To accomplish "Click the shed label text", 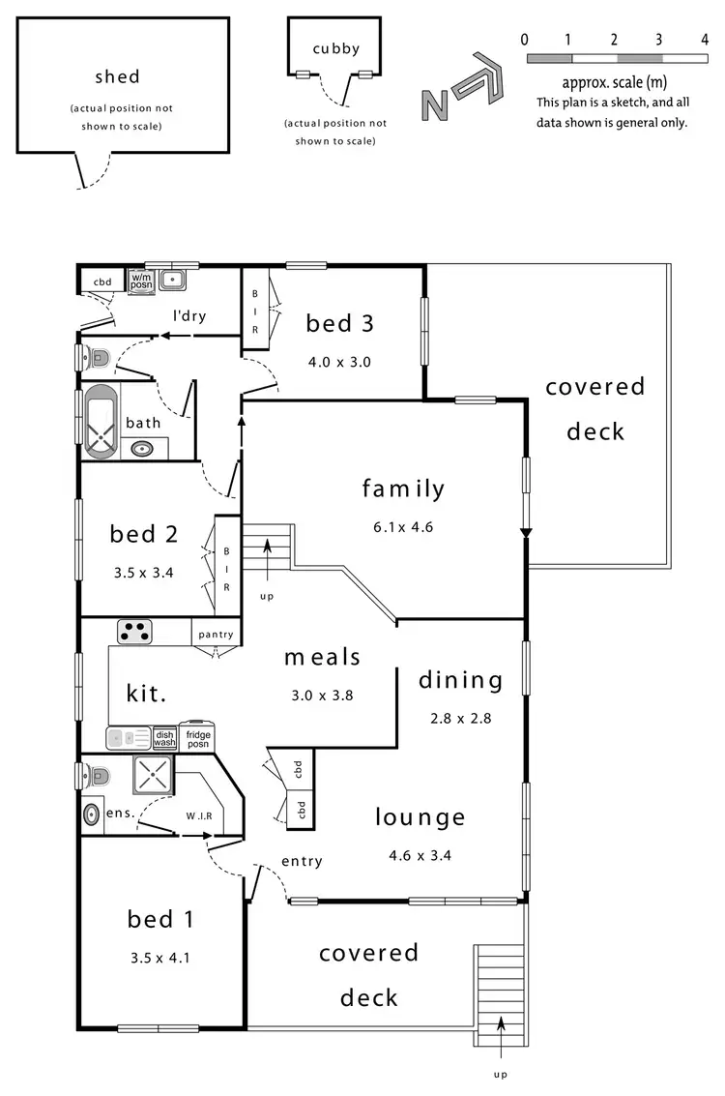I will pyautogui.click(x=117, y=76).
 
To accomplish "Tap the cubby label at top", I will pyautogui.click(x=335, y=49).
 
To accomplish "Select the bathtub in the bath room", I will pyautogui.click(x=100, y=423).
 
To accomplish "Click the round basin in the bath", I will pyautogui.click(x=142, y=449).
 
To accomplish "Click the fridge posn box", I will pyautogui.click(x=198, y=740).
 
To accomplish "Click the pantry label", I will pyautogui.click(x=216, y=635).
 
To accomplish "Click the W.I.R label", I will pyautogui.click(x=200, y=815).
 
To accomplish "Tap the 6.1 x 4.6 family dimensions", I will pyautogui.click(x=403, y=528).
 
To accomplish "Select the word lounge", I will pyautogui.click(x=420, y=818).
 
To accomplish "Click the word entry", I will pyautogui.click(x=302, y=861).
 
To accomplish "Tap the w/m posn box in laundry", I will pyautogui.click(x=141, y=281).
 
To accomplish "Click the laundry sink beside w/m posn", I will pyautogui.click(x=172, y=281).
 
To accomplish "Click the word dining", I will pyautogui.click(x=461, y=680).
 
